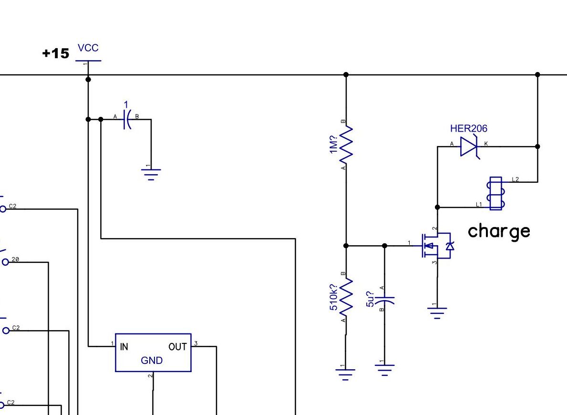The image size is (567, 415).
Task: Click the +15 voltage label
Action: point(56,53)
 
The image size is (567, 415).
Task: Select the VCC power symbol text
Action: point(88,48)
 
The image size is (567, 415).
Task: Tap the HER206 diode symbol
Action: point(469,146)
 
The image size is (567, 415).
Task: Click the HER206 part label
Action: point(468,128)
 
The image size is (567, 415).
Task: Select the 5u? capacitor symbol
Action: point(385,301)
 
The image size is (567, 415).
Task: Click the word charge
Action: point(499,231)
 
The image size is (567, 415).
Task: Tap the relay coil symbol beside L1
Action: point(496,193)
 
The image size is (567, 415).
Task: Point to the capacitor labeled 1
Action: point(126,119)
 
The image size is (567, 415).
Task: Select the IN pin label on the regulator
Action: point(124,347)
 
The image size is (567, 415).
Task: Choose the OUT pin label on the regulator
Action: point(177,347)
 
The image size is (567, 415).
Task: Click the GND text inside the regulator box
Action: point(152,361)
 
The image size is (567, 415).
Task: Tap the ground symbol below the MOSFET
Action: point(437,311)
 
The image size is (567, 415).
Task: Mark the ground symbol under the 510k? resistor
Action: point(346,372)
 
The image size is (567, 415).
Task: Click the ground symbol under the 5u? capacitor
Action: point(385,369)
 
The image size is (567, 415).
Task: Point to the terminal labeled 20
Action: point(6,262)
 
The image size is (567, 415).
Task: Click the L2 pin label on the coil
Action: point(515,179)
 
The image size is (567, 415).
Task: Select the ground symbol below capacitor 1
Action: point(151,174)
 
